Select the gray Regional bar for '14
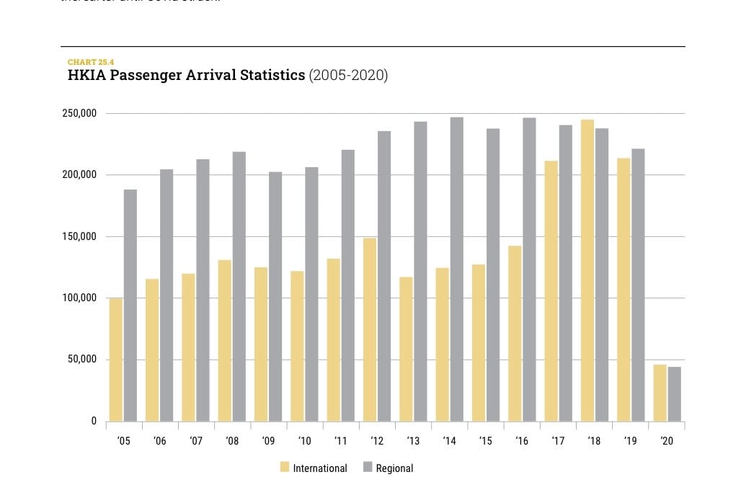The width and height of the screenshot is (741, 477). (456, 269)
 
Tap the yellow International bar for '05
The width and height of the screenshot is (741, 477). (116, 360)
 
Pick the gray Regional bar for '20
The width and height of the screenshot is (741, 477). (674, 394)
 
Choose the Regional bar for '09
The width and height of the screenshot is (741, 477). (275, 296)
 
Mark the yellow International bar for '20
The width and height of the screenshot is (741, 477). (660, 393)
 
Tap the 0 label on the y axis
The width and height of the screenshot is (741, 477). (94, 422)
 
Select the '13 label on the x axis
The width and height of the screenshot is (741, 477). (413, 440)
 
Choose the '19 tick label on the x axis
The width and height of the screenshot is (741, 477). (630, 440)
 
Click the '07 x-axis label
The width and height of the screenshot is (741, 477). (195, 440)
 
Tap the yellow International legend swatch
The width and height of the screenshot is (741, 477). (284, 468)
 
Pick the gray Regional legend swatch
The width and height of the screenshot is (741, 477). (368, 468)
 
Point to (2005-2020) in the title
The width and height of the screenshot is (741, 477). (348, 76)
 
